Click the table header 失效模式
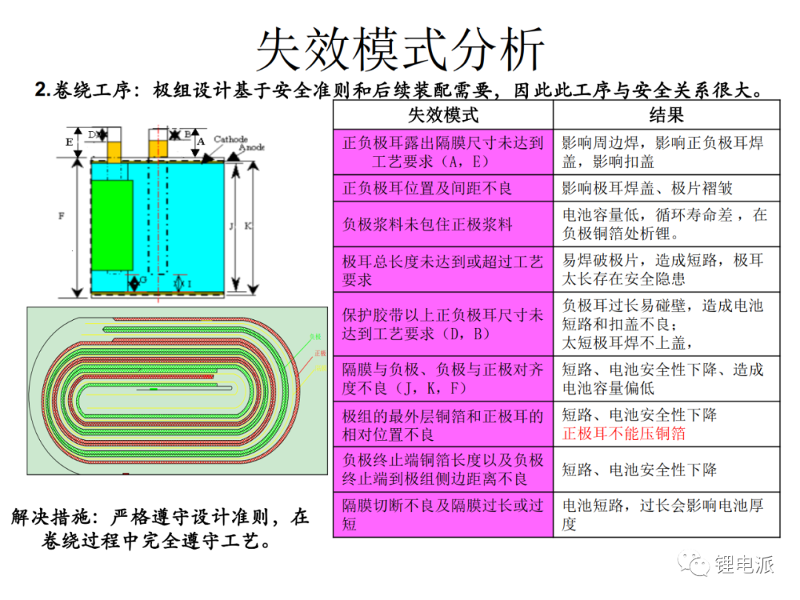[443, 115]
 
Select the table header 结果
[666, 115]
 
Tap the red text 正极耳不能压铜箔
[624, 433]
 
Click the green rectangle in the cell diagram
[112, 224]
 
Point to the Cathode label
[230, 139]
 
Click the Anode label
[253, 147]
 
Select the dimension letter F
[61, 216]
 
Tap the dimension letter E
[69, 141]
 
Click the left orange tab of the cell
[114, 152]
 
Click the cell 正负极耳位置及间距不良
[427, 188]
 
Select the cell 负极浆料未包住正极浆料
[427, 224]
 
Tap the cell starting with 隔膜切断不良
[443, 514]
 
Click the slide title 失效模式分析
[400, 50]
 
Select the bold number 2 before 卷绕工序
[40, 90]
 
